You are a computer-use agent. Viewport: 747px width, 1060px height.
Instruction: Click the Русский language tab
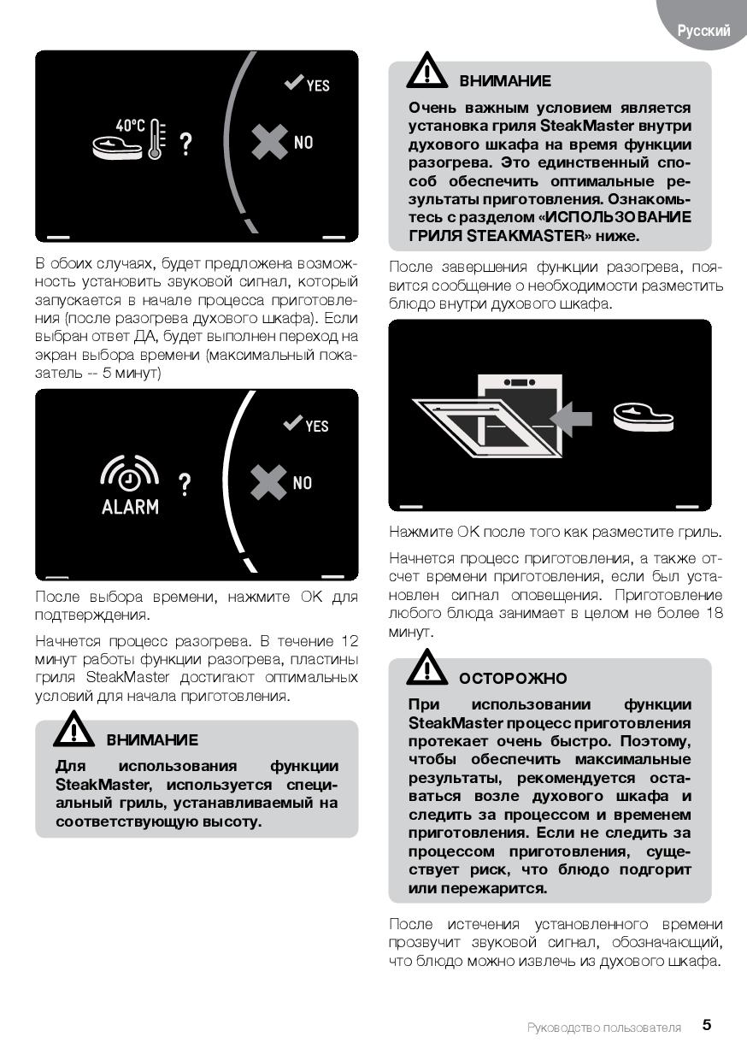click(x=703, y=31)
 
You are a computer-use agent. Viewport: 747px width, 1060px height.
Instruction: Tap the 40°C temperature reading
click(x=130, y=126)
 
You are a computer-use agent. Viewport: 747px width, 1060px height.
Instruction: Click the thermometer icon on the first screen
click(x=157, y=138)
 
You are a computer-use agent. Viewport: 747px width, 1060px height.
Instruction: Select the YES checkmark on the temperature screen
click(x=293, y=82)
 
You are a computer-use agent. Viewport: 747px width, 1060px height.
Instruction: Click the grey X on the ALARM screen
click(x=268, y=482)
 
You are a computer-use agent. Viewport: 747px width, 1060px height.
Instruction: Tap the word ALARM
click(x=130, y=507)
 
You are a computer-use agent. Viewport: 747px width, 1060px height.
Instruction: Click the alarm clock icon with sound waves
click(x=129, y=474)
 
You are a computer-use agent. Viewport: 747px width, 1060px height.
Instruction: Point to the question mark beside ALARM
click(x=185, y=485)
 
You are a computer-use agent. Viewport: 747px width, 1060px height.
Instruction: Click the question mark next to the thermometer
click(x=186, y=144)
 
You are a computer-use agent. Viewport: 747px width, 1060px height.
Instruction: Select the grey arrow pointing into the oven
click(x=571, y=419)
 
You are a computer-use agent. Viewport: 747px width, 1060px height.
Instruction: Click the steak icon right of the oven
click(x=644, y=417)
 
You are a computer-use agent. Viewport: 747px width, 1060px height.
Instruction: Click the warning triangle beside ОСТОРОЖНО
click(x=426, y=668)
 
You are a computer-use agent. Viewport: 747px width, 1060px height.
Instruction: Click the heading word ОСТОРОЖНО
click(x=513, y=678)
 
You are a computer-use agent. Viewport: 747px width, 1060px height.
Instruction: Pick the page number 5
click(x=707, y=1024)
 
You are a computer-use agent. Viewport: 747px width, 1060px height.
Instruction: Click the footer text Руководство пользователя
click(x=604, y=1028)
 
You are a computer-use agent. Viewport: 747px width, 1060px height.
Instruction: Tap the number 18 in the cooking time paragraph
click(x=715, y=613)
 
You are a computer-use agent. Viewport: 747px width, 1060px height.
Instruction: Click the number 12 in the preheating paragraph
click(x=350, y=641)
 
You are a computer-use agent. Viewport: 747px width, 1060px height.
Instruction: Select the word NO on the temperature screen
click(x=303, y=142)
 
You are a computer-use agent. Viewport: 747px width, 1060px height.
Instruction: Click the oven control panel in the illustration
click(x=520, y=382)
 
